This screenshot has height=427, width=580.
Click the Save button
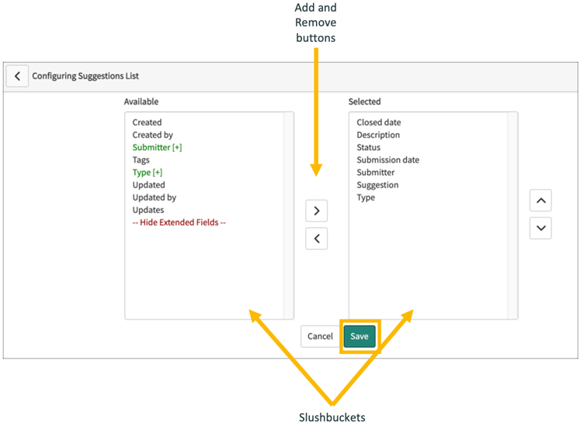[x=359, y=336]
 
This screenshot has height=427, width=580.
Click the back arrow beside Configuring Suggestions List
[x=17, y=76]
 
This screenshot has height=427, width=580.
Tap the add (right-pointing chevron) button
[x=316, y=211]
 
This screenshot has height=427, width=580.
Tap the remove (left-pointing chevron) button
[x=316, y=239]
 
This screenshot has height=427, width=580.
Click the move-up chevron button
[x=540, y=201]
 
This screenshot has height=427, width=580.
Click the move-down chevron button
[x=540, y=229]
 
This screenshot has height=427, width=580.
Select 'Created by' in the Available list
[x=152, y=135]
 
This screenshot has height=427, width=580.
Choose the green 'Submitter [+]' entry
[x=157, y=147]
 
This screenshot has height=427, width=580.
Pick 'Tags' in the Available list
[x=141, y=159]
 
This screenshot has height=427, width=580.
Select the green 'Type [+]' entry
[x=147, y=172]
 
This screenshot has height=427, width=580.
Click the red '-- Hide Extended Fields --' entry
[x=179, y=222]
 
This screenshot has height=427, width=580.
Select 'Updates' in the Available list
[x=148, y=209]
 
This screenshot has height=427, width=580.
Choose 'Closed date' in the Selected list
[x=378, y=122]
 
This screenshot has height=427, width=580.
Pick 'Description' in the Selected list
[x=378, y=135]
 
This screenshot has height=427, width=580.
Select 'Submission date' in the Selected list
[x=387, y=159]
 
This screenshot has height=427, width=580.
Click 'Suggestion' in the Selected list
[x=377, y=184]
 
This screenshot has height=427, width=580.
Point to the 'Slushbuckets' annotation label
[x=332, y=417]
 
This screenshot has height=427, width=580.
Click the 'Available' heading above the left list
[x=141, y=101]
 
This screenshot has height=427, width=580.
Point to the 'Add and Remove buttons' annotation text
[x=316, y=23]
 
